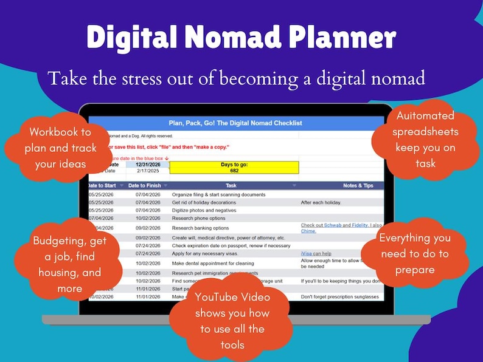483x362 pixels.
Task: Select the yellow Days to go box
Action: pyautogui.click(x=234, y=168)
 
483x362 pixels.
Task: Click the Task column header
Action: pyautogui.click(x=231, y=185)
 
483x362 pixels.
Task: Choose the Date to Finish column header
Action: pyautogui.click(x=144, y=185)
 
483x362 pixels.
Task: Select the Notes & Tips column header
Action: pyautogui.click(x=341, y=185)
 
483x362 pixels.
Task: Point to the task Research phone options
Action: pyautogui.click(x=198, y=218)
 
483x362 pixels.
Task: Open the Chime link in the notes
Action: pyautogui.click(x=309, y=231)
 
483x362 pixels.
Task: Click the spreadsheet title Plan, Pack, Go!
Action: pyautogui.click(x=234, y=123)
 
